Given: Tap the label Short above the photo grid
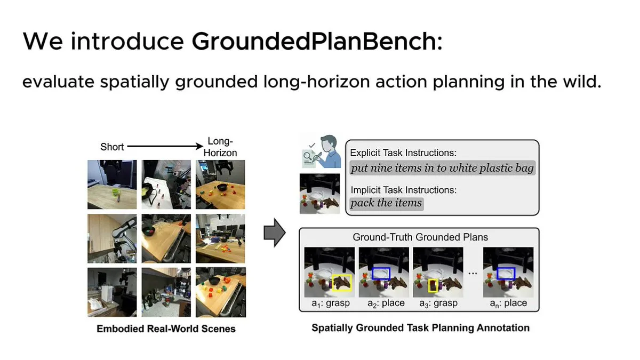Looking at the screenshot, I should [112, 146].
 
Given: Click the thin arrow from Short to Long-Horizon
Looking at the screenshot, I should [162, 145].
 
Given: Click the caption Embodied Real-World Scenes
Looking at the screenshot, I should [166, 329].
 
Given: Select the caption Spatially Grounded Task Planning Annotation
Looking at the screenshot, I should [420, 327].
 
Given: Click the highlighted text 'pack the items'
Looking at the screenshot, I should [386, 203].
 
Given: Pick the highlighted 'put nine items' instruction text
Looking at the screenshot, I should [442, 168].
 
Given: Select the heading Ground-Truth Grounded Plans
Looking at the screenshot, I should [420, 237].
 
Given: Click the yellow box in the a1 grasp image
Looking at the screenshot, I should [341, 283].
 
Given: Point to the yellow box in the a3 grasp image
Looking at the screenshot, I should [433, 286].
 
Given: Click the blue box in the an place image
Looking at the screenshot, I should [506, 273].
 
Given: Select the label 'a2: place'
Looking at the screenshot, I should [386, 303].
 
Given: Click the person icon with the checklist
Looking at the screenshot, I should [319, 153].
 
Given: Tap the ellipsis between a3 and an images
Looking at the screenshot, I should [472, 273].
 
